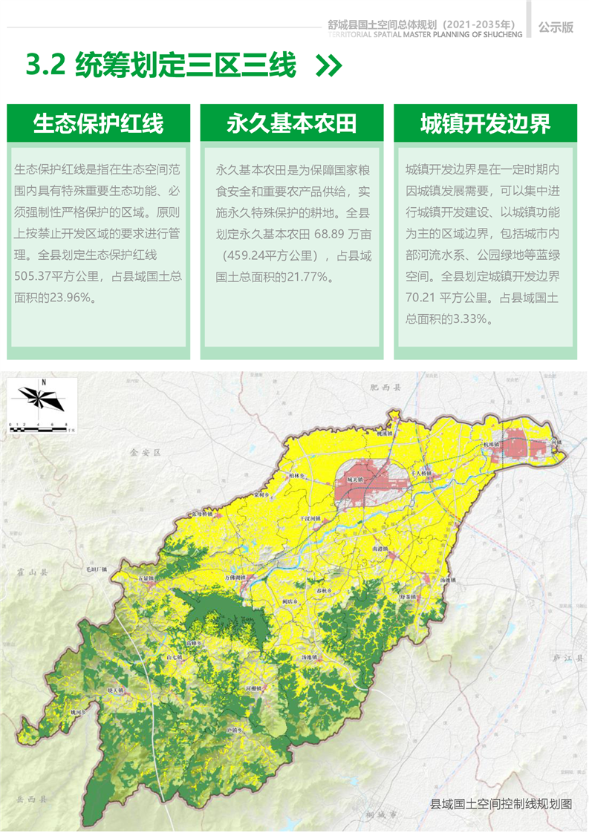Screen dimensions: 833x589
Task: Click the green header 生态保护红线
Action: tap(98, 123)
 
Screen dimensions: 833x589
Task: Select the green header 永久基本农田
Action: tap(292, 123)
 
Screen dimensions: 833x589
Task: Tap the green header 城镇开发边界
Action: tap(486, 123)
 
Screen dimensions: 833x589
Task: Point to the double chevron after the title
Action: tap(328, 66)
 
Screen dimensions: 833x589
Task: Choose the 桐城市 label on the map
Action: tap(382, 814)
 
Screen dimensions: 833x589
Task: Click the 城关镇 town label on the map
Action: tap(356, 480)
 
